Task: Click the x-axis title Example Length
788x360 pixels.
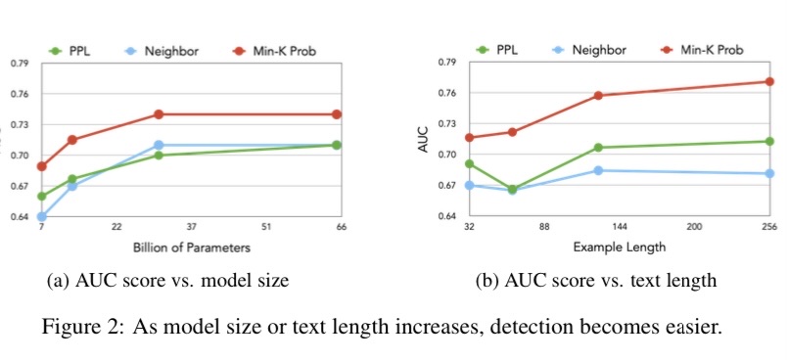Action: (x=619, y=247)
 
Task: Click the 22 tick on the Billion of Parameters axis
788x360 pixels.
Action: (x=116, y=227)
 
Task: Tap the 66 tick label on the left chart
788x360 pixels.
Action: (x=341, y=227)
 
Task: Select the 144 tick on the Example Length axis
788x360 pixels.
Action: (x=620, y=227)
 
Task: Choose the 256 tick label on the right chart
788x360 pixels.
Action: (x=769, y=227)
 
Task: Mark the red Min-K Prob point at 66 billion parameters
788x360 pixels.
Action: (x=338, y=114)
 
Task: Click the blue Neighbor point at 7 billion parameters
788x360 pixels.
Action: (x=42, y=216)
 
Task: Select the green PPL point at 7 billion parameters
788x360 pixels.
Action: (x=42, y=196)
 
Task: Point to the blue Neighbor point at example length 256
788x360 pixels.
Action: (x=768, y=174)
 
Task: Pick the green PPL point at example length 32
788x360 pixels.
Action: (x=470, y=163)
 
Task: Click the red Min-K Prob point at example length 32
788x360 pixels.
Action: (x=470, y=138)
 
